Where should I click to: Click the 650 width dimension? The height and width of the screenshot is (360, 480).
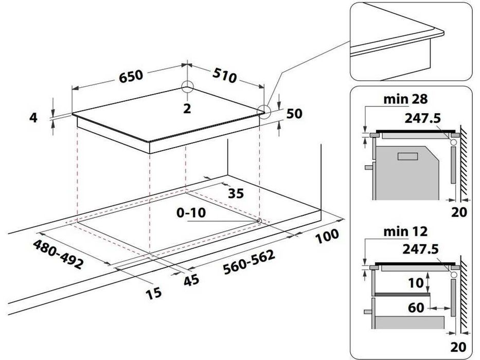(131, 77)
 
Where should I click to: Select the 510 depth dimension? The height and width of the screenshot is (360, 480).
(225, 75)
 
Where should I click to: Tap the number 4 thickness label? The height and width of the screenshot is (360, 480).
(33, 118)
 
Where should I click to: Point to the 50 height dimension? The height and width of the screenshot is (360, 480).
(294, 114)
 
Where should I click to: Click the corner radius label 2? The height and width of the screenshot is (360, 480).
(187, 109)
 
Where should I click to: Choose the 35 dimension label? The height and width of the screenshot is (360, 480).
(236, 193)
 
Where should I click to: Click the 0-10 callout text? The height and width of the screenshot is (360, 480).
(191, 213)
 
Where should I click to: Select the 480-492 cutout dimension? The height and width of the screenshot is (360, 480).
(58, 255)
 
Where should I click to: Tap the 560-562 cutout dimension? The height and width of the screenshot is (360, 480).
(249, 262)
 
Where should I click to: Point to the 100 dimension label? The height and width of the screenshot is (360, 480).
(327, 236)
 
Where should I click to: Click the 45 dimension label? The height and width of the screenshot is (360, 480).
(191, 280)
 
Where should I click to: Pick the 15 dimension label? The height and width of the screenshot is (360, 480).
(153, 293)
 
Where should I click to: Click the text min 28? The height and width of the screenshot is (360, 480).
(405, 99)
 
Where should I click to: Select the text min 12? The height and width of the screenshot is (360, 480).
(405, 231)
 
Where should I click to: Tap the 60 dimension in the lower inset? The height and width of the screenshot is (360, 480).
(416, 308)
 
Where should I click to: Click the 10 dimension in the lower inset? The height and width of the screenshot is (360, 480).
(416, 283)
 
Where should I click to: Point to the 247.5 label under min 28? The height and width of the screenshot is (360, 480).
(422, 118)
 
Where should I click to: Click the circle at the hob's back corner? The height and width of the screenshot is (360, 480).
(187, 86)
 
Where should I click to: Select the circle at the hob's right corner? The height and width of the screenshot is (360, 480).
(264, 112)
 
